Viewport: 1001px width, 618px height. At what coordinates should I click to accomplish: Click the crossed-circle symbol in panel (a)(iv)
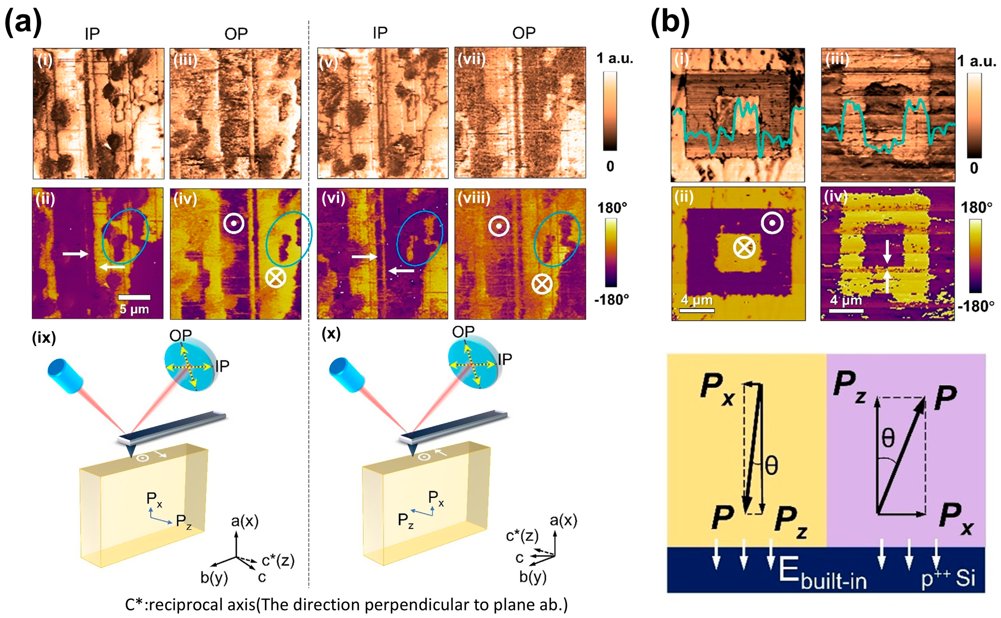[276, 278]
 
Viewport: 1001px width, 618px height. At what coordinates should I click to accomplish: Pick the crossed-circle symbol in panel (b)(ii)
[744, 248]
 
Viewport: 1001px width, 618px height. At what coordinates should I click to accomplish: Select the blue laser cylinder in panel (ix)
[65, 376]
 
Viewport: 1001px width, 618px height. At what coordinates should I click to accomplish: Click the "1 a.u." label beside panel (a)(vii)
[614, 58]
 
